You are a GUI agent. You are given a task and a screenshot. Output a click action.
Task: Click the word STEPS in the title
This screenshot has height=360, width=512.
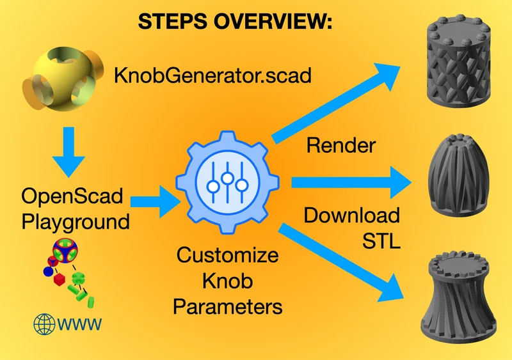173,22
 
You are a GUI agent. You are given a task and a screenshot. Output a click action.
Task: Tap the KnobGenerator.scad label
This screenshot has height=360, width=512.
212,75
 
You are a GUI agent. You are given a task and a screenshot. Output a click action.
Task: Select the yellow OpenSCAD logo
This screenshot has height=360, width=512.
63,79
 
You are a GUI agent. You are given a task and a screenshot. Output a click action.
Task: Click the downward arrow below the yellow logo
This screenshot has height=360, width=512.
68,152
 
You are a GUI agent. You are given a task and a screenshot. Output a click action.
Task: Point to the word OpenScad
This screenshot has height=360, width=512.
72,196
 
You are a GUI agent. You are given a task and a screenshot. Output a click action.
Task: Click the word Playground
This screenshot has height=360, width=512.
76,222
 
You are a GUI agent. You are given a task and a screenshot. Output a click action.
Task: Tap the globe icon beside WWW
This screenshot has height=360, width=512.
44,324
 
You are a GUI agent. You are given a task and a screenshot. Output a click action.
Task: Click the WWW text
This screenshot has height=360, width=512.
79,324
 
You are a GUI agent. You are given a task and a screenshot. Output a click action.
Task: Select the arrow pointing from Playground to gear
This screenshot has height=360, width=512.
156,201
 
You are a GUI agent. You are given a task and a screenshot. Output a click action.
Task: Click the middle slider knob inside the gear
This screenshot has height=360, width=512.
227,178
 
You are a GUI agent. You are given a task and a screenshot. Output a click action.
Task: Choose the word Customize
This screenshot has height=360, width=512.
228,255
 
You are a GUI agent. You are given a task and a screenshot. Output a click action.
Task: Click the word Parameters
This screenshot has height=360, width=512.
228,307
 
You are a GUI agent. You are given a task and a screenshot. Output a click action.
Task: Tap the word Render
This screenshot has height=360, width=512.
341,145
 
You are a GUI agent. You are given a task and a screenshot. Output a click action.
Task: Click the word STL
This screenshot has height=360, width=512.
381,241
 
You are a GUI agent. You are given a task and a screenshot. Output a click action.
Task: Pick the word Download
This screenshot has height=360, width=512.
351,215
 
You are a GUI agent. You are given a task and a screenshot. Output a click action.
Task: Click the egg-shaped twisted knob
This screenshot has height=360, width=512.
458,175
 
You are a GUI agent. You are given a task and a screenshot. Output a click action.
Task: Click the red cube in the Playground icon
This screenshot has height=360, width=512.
59,280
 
